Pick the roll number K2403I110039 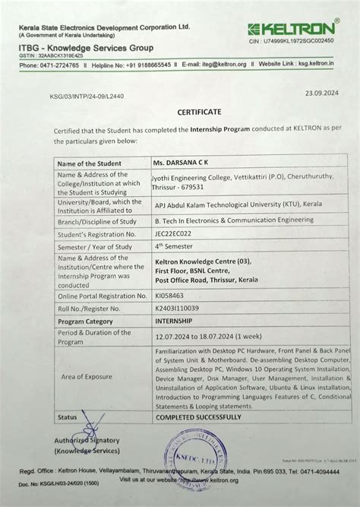point(179,309)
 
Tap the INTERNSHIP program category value point(177,322)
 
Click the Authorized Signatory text point(87,440)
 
